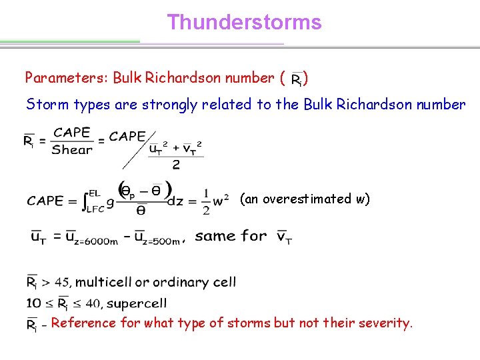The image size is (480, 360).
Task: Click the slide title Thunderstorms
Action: (x=244, y=23)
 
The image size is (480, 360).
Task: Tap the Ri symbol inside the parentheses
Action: (x=297, y=80)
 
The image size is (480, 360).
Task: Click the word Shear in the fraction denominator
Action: (x=72, y=150)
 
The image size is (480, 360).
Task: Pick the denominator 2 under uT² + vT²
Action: (x=176, y=164)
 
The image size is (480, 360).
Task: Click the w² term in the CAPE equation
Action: (x=222, y=199)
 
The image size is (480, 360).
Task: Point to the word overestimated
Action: (x=307, y=199)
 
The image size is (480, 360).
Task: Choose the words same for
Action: (x=231, y=235)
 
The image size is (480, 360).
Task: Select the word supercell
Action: (x=137, y=303)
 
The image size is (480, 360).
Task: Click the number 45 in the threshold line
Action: (x=61, y=283)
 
